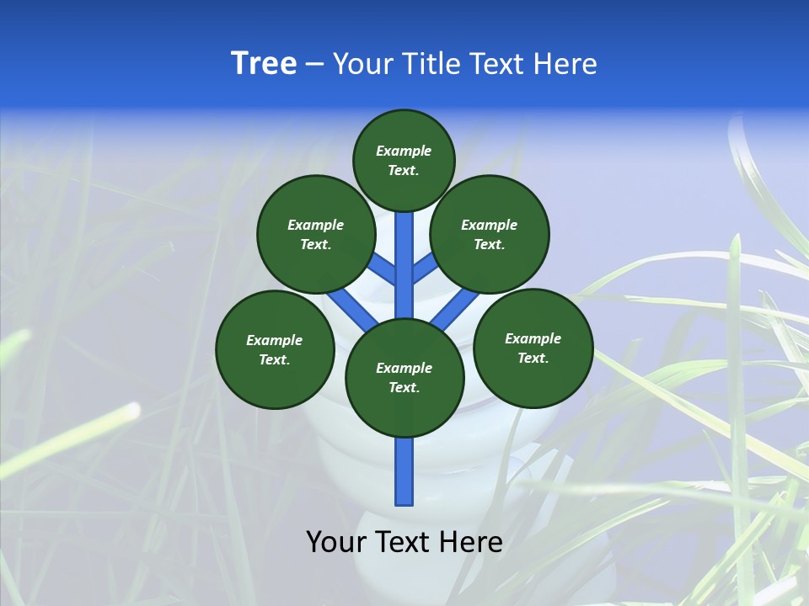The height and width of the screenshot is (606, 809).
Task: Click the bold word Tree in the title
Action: [264, 64]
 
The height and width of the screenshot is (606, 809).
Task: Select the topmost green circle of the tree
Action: [404, 160]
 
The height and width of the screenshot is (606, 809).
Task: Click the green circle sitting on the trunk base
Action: [404, 378]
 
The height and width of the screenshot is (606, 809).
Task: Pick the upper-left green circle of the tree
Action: [316, 234]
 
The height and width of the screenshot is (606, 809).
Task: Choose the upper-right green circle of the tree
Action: [490, 234]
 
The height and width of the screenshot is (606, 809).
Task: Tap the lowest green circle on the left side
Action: [275, 349]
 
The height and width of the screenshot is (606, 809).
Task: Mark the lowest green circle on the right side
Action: [533, 348]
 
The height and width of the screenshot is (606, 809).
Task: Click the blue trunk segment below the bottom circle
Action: [404, 471]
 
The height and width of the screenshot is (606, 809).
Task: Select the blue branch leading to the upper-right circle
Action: [426, 268]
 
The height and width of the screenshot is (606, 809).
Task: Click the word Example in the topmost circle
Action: [404, 151]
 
